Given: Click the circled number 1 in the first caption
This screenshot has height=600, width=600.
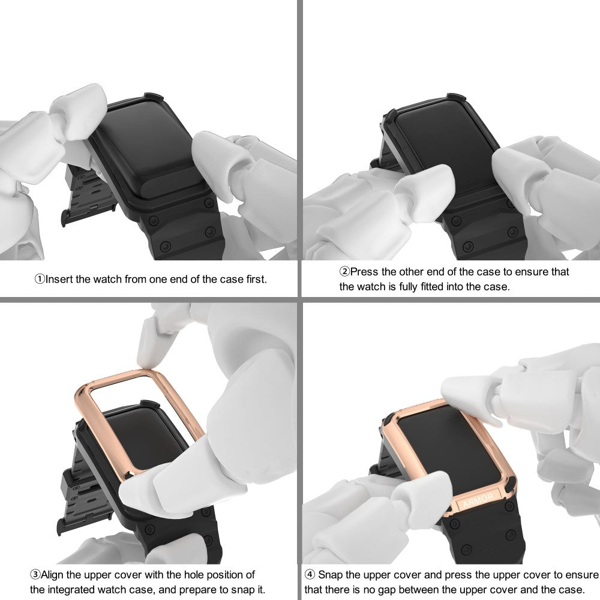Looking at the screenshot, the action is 40,279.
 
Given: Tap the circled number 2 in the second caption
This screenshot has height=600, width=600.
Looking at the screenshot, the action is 345,272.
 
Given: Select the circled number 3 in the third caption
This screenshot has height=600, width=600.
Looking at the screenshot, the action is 35,575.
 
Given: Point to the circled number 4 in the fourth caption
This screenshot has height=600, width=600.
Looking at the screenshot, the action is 310,575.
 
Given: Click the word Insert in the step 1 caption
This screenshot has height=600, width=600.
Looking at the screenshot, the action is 59,279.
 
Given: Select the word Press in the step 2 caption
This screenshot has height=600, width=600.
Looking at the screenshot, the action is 364,272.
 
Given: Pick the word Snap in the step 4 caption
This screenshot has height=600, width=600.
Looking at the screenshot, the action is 330,575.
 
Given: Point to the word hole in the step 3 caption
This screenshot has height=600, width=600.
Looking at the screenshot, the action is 194,575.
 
